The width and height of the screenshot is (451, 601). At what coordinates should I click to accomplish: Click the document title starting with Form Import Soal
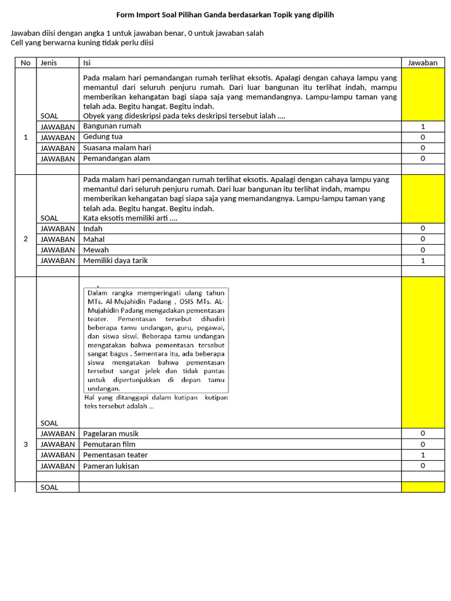tap(225, 15)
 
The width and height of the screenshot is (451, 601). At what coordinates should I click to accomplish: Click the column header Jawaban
tap(423, 63)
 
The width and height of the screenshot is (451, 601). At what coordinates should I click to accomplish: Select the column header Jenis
tap(48, 63)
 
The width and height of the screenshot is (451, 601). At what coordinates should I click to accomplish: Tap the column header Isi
tap(87, 63)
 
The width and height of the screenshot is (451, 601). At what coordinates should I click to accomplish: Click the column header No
tap(25, 63)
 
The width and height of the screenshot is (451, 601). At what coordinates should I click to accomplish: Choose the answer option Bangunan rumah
tap(112, 126)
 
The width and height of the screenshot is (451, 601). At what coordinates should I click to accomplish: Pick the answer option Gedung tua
tap(103, 137)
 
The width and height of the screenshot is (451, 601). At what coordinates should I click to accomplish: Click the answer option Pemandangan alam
tap(116, 158)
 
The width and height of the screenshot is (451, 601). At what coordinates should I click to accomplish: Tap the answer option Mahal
tap(94, 239)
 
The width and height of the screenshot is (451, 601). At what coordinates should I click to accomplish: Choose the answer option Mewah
tap(96, 250)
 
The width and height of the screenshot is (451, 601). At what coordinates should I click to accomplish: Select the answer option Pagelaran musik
tap(111, 434)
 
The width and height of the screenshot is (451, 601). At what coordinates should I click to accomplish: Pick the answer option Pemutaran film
tap(109, 444)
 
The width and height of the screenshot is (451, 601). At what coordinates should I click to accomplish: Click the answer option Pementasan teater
tap(115, 455)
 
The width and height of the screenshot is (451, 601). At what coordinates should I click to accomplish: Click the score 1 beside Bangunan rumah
tap(423, 127)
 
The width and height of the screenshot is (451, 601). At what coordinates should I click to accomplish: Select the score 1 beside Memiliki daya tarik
tap(423, 261)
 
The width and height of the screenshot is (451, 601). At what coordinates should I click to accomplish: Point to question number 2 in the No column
tap(25, 239)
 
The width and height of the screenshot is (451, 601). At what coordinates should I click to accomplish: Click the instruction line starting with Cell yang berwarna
tap(82, 43)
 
